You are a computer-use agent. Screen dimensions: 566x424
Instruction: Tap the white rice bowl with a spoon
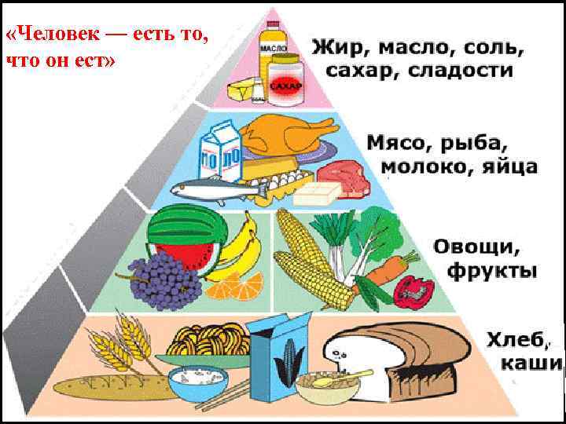(x=212, y=384)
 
